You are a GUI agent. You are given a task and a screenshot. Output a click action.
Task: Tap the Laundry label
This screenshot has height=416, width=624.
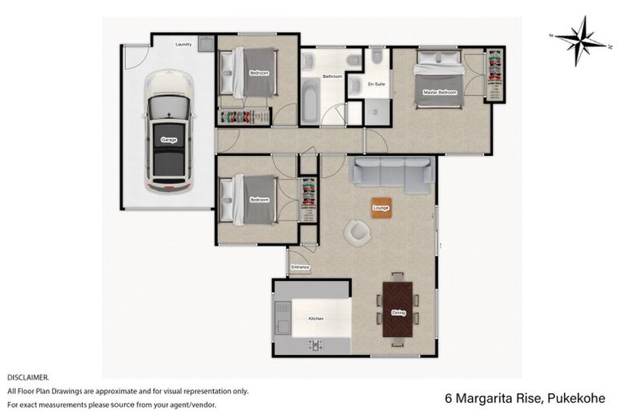(184, 45)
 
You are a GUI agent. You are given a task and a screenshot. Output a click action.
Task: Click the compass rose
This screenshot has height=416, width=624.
(581, 40)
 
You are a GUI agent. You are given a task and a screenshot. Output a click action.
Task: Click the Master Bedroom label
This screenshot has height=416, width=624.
(440, 93)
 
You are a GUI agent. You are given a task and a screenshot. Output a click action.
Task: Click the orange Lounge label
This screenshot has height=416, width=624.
(380, 208)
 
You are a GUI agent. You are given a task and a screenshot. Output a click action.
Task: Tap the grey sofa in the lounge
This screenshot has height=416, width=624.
(392, 173)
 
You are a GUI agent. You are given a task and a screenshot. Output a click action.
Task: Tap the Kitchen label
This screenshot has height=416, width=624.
(315, 318)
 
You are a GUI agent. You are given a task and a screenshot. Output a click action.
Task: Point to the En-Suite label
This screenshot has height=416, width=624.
(376, 84)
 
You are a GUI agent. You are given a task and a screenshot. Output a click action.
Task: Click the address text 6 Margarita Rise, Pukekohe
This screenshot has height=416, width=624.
(523, 398)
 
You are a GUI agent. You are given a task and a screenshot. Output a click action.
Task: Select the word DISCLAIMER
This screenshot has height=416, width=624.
(28, 378)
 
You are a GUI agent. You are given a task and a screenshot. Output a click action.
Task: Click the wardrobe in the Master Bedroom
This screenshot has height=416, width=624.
(494, 75)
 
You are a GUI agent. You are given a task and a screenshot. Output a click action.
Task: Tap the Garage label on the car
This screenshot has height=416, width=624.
(169, 140)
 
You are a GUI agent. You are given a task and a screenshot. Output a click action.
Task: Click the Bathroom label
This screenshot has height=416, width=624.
(331, 76)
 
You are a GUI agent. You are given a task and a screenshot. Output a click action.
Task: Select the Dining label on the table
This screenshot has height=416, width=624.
(398, 312)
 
